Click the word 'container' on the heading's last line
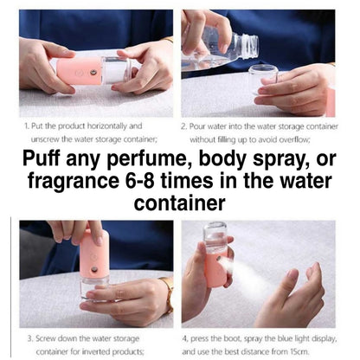179,202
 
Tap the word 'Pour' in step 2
197,126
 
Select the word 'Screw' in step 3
46,338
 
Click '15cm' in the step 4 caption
299,351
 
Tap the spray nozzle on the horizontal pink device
93,72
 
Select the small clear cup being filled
263,79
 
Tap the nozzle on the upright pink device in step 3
93,270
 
